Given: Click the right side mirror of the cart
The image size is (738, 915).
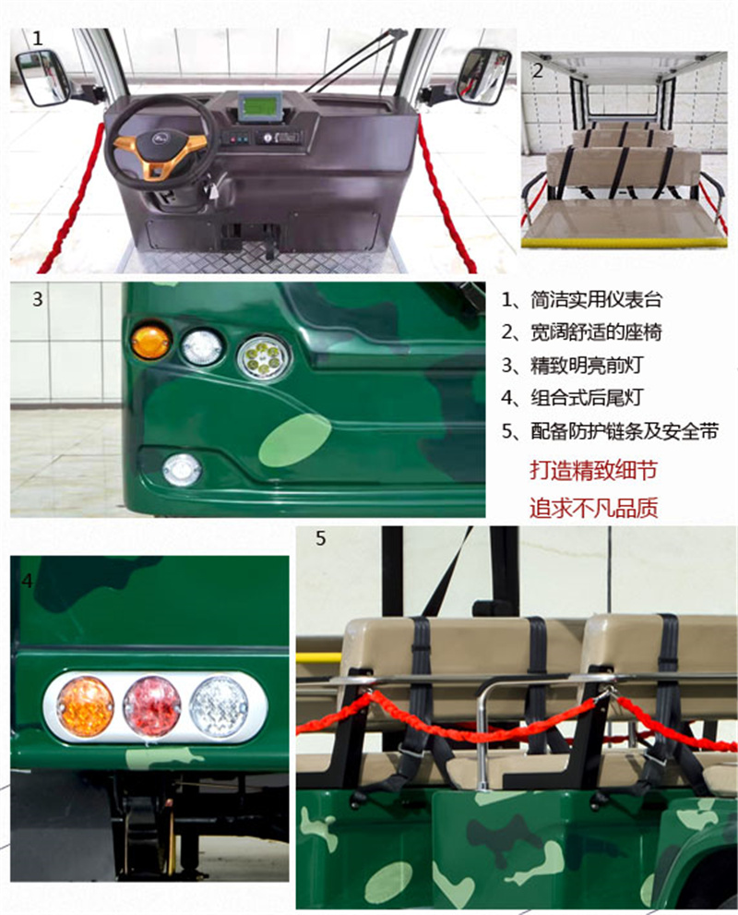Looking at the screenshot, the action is (484, 76).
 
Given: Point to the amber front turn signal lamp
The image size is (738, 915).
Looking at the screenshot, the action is (150, 341).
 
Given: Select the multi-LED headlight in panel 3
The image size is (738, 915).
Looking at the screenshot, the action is (263, 356).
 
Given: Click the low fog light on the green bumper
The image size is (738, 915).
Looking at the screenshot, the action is (182, 470).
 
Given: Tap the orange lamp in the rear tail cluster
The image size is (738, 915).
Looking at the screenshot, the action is (86, 706).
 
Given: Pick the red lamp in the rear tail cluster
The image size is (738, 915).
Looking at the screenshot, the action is (152, 706).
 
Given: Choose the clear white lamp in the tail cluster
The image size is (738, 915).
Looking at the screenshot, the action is (219, 706).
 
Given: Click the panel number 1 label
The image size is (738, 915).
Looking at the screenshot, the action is (38, 39).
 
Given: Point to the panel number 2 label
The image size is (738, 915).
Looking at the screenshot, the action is (538, 70).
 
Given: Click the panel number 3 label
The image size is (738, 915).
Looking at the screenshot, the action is (38, 299).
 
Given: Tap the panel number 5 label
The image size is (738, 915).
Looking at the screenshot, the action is (321, 538).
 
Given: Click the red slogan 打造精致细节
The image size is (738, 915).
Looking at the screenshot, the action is (593, 470).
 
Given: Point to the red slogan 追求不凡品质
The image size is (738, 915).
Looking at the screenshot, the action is (593, 508).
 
